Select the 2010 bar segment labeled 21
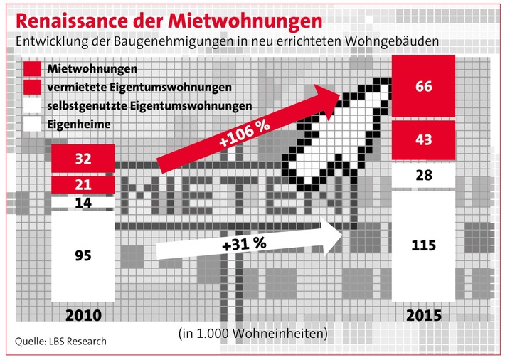click(x=83, y=186)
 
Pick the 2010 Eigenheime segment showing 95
click(x=83, y=255)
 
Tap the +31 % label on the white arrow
click(x=243, y=243)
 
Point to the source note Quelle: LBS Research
click(x=61, y=342)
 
